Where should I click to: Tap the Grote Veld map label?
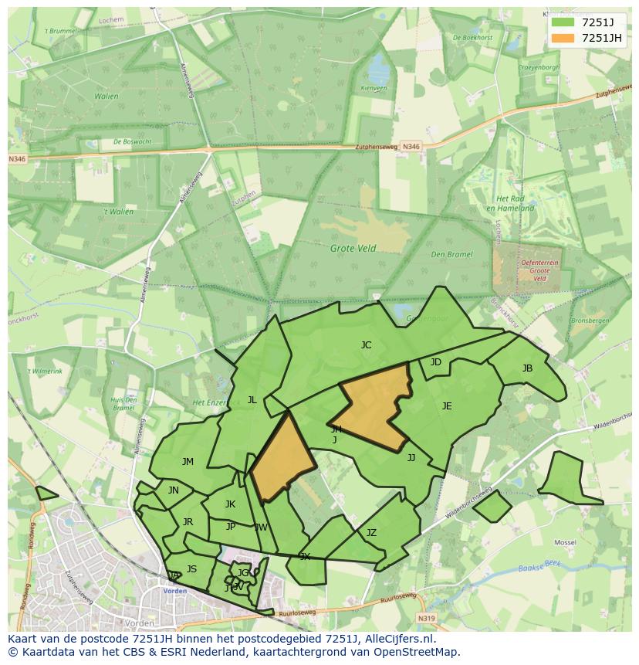[353, 249]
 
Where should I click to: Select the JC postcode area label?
[366, 345]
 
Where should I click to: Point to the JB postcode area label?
[527, 368]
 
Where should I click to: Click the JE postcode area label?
[447, 406]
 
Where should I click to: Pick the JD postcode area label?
[436, 362]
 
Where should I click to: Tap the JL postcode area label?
[252, 400]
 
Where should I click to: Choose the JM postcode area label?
[188, 462]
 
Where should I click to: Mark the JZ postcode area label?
[371, 533]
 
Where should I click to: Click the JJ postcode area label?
[411, 458]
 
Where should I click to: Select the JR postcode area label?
[188, 522]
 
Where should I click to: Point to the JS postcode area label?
[191, 569]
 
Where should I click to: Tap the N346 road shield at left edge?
[16, 159]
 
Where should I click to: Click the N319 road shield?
[426, 618]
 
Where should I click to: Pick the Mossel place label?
[565, 543]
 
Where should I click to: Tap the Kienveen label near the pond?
[374, 89]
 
